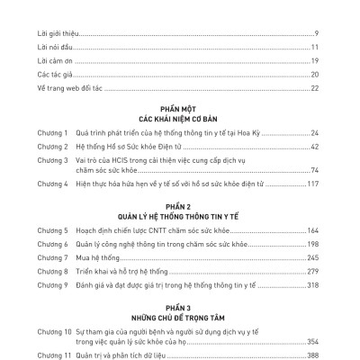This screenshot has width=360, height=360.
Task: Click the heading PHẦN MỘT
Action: click(180, 105)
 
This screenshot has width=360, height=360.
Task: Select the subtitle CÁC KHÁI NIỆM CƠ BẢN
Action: click(180, 117)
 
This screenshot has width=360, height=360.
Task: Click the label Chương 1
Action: click(55, 132)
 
